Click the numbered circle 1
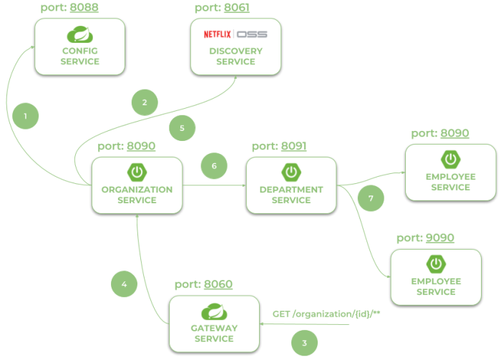pyautogui.click(x=26, y=115)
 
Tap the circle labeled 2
pyautogui.click(x=145, y=102)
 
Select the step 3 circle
pyautogui.click(x=304, y=343)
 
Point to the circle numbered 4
pyautogui.click(x=124, y=284)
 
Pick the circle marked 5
pyautogui.click(x=182, y=128)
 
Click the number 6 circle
pyautogui.click(x=213, y=166)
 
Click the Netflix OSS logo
pyautogui.click(x=235, y=34)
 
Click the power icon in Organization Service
pyautogui.click(x=136, y=172)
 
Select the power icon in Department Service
pyautogui.click(x=291, y=172)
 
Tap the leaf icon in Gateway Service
pyautogui.click(x=214, y=311)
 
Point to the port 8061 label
pyautogui.click(x=222, y=7)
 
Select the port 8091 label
pyautogui.click(x=279, y=146)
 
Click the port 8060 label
pyautogui.click(x=203, y=284)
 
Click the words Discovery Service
pyautogui.click(x=235, y=57)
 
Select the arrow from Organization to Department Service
pyautogui.click(x=214, y=185)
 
